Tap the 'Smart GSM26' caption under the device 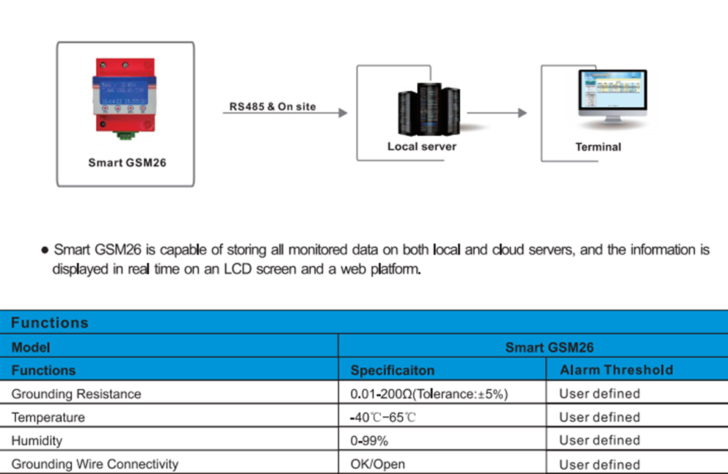click(127, 163)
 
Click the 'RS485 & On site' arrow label click(273, 107)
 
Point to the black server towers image click(429, 109)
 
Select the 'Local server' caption click(422, 146)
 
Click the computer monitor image click(612, 97)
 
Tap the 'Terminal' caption click(598, 147)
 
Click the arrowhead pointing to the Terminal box click(522, 113)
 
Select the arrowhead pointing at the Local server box click(343, 113)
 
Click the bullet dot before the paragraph click(45, 250)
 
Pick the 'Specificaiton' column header click(392, 370)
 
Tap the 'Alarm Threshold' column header click(617, 370)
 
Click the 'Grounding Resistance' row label click(76, 394)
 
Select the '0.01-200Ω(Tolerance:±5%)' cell click(429, 394)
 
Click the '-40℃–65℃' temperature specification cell click(383, 417)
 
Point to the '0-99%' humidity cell click(369, 441)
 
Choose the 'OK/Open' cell click(378, 464)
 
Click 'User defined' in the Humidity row click(599, 440)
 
